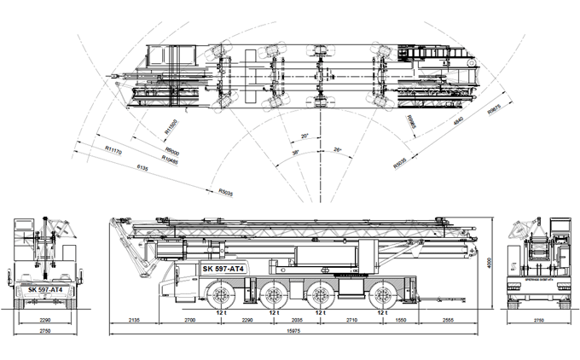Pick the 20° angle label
[304, 136]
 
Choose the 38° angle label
[295, 152]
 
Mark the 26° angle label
[338, 150]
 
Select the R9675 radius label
[494, 112]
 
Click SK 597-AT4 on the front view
[44, 290]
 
